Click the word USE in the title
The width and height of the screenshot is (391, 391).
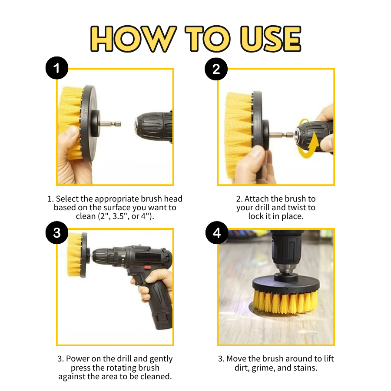tap(271, 39)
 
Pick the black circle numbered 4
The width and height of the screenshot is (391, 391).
tap(216, 233)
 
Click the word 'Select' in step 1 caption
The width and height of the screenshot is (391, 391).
tap(68, 199)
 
